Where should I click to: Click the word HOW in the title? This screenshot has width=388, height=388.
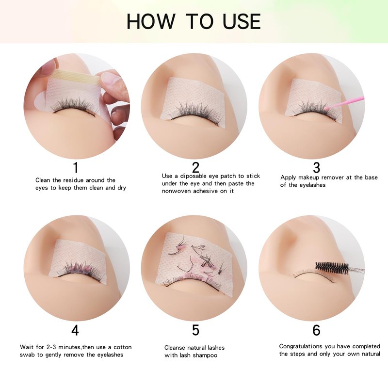click(151, 21)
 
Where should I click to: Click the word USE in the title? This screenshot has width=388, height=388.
click(242, 21)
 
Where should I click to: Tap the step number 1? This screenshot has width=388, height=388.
click(76, 167)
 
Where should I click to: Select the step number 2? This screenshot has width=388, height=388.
click(195, 167)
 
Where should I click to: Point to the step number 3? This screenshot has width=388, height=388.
click(316, 167)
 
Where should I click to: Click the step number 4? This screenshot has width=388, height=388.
click(75, 330)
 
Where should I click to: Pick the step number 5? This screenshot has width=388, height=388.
click(195, 330)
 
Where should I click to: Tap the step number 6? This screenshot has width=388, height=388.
click(316, 330)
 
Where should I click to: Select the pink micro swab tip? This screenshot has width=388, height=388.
click(327, 108)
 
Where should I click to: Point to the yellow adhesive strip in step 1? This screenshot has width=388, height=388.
click(77, 74)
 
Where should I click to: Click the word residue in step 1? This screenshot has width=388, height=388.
click(74, 180)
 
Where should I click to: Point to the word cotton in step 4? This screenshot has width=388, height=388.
click(123, 347)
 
